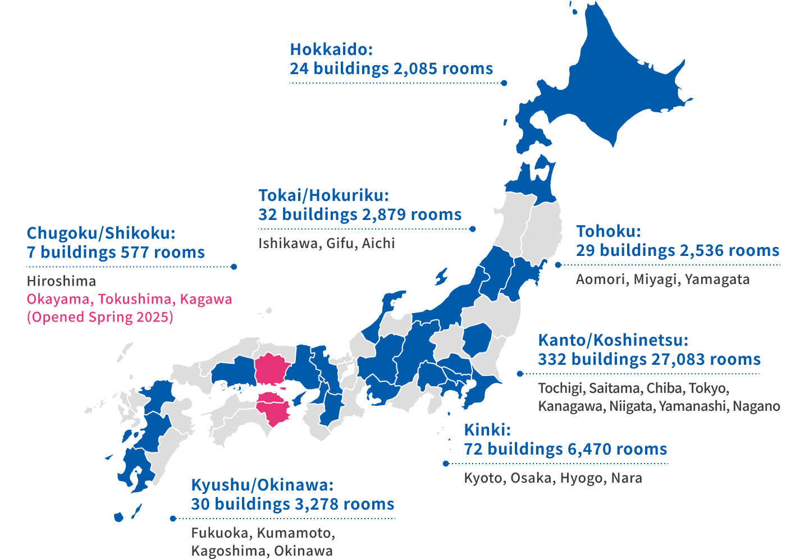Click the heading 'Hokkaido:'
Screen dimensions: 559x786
[331, 49]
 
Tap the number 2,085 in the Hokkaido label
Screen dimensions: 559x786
[415, 68]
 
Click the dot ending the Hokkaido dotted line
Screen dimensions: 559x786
[504, 83]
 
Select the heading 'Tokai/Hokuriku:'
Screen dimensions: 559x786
[323, 195]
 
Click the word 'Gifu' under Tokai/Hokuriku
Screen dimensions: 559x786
[340, 243]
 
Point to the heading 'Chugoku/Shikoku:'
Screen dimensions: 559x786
[101, 233]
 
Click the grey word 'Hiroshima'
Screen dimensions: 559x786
[61, 281]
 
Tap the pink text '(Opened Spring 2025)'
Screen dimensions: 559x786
[100, 317]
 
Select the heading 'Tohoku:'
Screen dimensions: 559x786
[609, 231]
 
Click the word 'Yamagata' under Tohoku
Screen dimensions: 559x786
[717, 279]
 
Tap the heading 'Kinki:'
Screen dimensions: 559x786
[487, 430]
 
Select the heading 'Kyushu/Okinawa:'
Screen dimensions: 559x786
[262, 485]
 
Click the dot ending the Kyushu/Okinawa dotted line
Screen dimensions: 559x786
[173, 519]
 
